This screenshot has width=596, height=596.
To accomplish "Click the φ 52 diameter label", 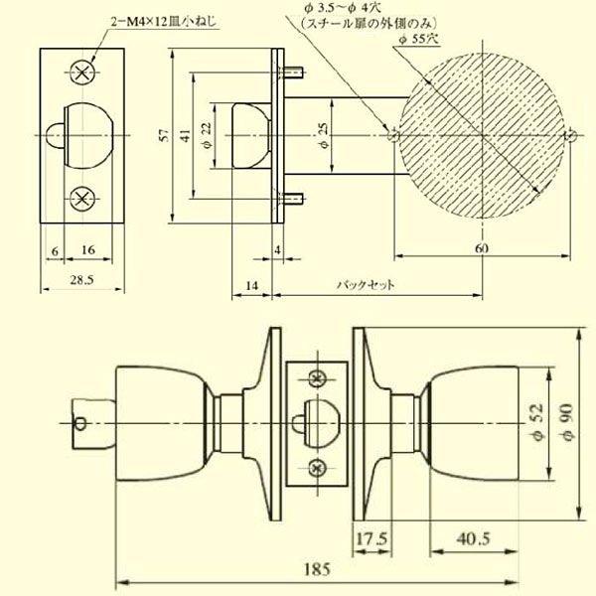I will [537, 424].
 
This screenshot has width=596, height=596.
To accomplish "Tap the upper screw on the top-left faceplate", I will [82, 71].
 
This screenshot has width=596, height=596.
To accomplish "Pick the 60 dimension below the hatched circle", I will [482, 248].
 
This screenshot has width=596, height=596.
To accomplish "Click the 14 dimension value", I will [251, 285].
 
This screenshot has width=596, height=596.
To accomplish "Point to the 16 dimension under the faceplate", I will [88, 250].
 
